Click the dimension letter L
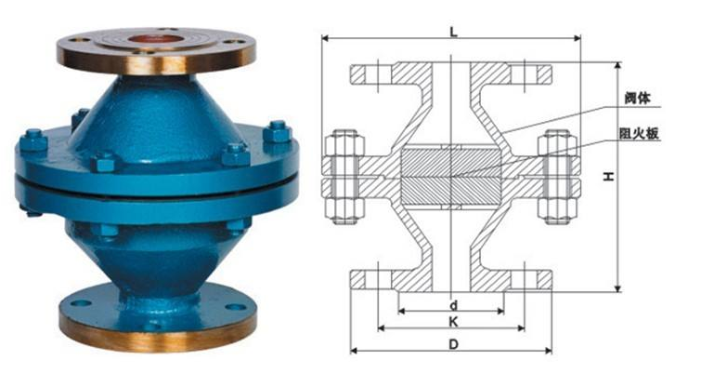pos(453,32)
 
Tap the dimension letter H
pos(607,177)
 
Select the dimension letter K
pos(453,321)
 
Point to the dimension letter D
pos(454,344)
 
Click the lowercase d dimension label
pos(454,305)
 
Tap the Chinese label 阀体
pos(638,98)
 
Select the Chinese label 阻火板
pos(640,133)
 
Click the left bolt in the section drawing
pos(344,177)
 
